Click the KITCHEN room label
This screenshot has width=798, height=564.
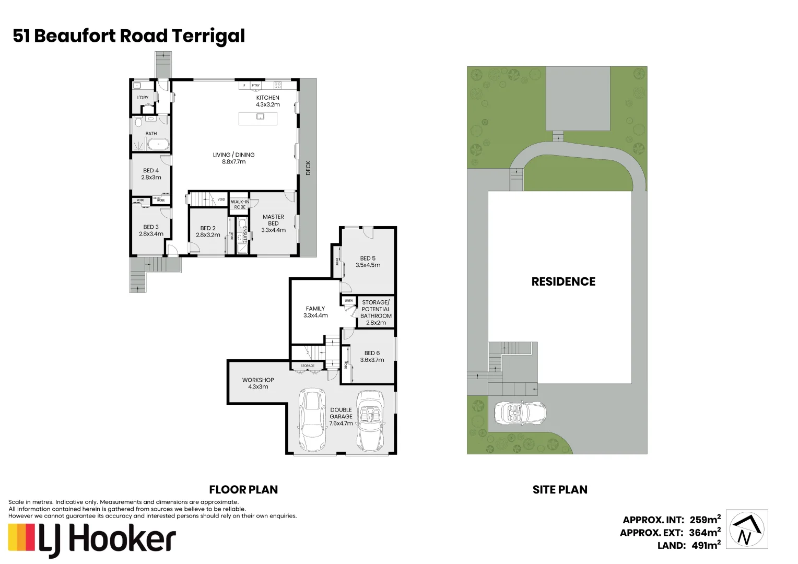pos(267,98)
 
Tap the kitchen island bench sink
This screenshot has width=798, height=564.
pos(260,116)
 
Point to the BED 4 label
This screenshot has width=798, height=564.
pos(151,171)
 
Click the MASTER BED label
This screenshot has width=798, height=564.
pos(273,220)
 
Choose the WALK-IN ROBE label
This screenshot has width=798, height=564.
pos(240,204)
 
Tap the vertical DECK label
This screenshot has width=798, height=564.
pos(308,167)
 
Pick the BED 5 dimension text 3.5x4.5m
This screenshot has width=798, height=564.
pos(368,265)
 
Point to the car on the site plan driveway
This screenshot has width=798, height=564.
pos(520,413)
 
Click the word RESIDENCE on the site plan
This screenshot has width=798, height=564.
pos(563,281)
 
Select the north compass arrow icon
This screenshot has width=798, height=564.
pos(748,530)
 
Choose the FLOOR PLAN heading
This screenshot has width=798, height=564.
pos(243,490)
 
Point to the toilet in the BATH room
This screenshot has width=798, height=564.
pos(138,123)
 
